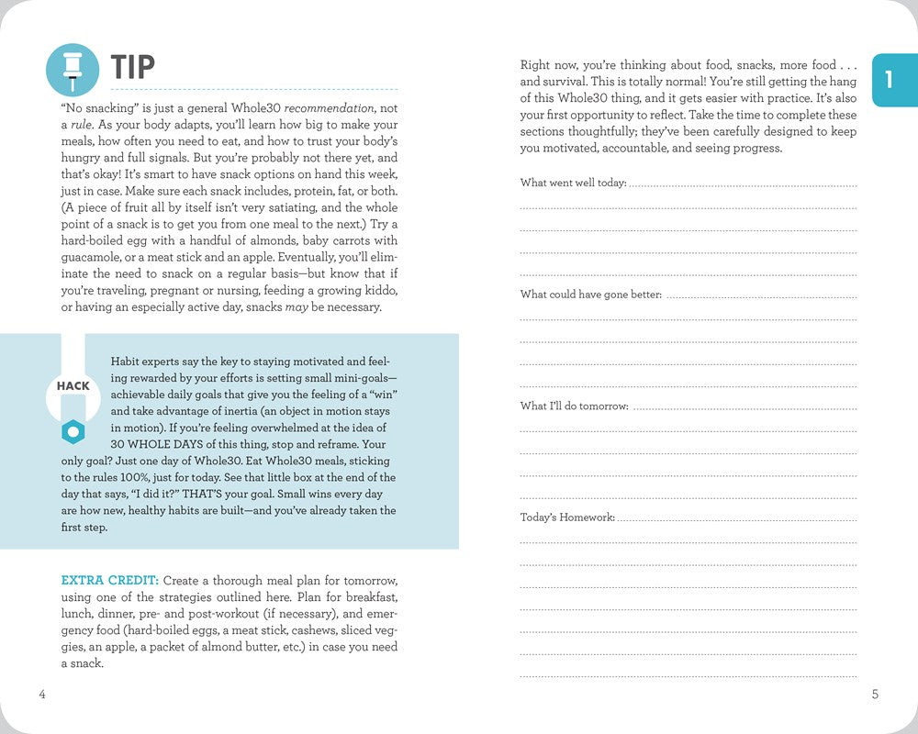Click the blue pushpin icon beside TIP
[72, 69]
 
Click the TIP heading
[133, 67]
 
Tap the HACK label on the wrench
[73, 386]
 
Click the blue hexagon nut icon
[73, 430]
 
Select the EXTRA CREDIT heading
[110, 581]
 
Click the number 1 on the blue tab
[888, 80]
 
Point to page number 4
[42, 695]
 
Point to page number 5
[875, 695]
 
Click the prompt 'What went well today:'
[573, 183]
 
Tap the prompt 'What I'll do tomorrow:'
[575, 406]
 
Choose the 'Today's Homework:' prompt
[567, 517]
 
